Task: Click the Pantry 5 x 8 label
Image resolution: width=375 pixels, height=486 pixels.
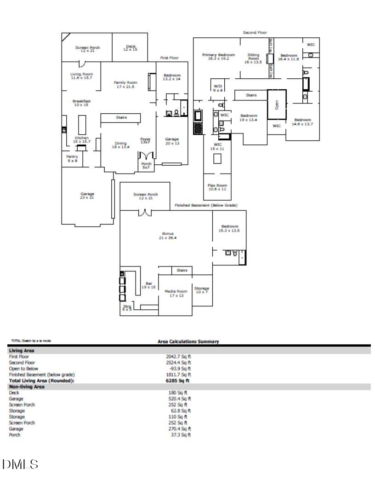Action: coord(72,159)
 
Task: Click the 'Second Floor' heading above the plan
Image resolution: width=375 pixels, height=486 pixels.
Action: coord(255,33)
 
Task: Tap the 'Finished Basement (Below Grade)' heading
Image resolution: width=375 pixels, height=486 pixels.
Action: coord(206,205)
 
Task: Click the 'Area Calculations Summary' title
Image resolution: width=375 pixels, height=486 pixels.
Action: coord(188,341)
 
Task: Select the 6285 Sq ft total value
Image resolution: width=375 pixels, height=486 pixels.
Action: coord(178,381)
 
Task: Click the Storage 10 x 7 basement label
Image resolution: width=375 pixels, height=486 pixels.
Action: coord(201,290)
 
